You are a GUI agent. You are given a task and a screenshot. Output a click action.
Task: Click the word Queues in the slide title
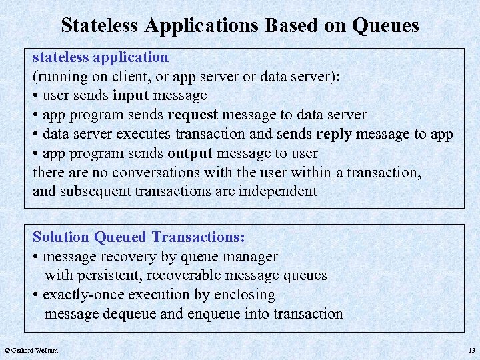pos(386,25)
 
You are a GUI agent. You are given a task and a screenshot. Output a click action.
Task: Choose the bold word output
pos(189,153)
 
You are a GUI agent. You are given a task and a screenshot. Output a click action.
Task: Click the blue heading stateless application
pos(101,57)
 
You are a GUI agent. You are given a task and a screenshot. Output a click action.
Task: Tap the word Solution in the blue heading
pos(61,237)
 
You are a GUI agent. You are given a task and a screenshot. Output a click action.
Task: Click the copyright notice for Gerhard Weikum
pos(31,350)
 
